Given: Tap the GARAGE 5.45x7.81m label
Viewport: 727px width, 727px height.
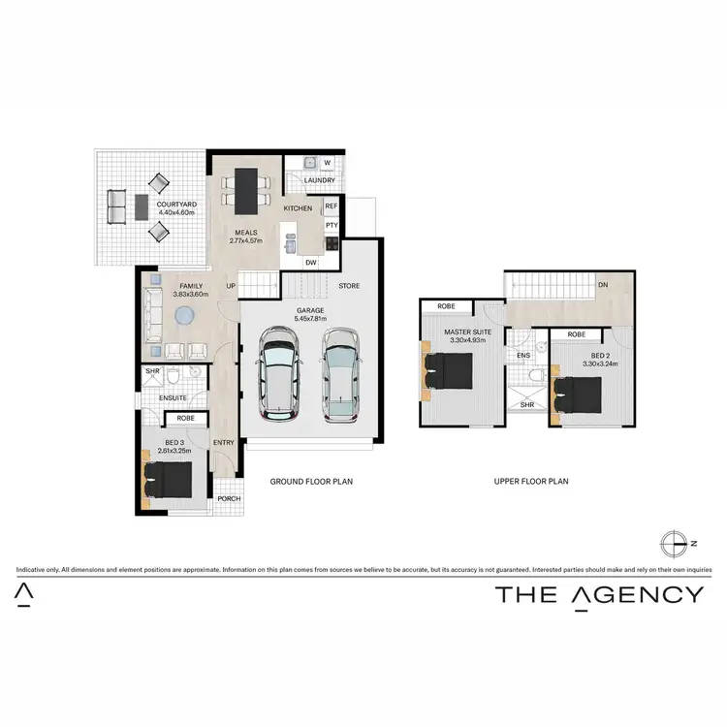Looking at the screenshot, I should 311,314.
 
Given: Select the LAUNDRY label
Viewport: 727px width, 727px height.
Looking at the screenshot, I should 319,180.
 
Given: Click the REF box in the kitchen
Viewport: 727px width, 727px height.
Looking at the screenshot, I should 331,206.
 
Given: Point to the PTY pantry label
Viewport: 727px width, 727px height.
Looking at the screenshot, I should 331,226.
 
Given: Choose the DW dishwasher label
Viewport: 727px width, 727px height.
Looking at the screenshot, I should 310,263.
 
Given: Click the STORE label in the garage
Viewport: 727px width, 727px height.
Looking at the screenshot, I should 349,286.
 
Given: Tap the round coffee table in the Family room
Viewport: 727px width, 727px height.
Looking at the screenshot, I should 185,317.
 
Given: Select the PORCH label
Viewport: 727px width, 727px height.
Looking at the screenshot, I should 229,499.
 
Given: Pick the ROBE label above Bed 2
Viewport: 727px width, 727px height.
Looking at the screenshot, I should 576,334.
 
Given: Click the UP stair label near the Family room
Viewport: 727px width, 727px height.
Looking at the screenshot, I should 231,286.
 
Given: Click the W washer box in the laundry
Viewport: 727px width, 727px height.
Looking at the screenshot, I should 327,163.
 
